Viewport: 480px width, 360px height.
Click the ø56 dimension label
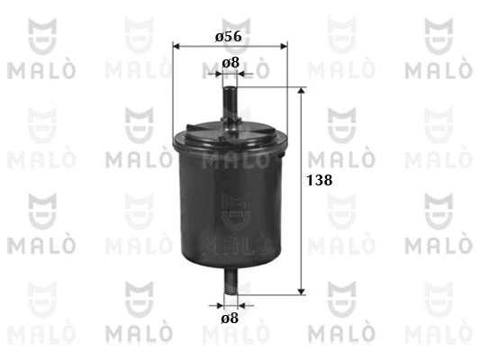229,37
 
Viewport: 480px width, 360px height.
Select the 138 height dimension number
320,180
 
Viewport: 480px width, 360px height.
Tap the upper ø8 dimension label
231,63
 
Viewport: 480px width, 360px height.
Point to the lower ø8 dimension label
230,319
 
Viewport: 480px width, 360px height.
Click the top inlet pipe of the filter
231,104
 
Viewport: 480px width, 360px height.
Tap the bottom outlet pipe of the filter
231,281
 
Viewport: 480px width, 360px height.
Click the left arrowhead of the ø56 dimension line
176,46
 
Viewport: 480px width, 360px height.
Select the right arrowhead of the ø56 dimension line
284,46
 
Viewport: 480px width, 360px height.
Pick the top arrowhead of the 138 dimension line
302,91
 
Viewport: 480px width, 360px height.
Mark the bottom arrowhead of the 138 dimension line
302,292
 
